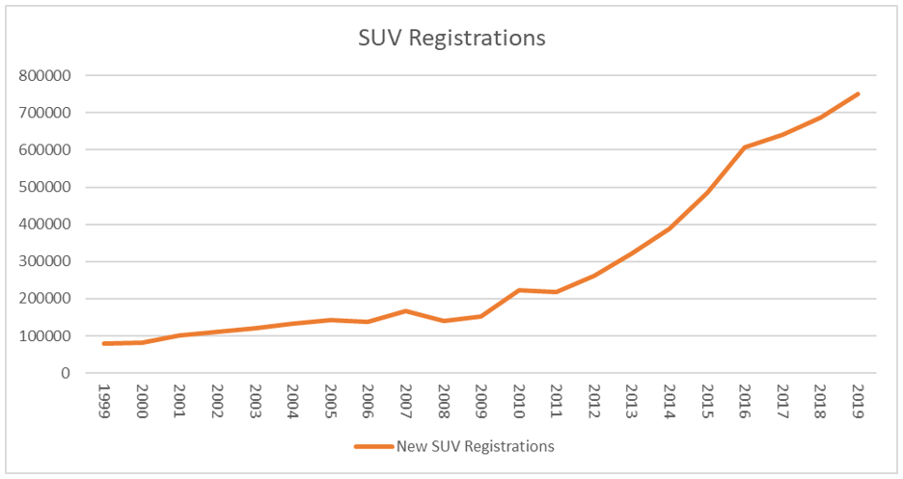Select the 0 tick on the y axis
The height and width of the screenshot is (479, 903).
click(x=66, y=373)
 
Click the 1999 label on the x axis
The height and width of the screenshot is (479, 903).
click(x=106, y=400)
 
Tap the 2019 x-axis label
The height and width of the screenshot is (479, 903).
click(x=858, y=400)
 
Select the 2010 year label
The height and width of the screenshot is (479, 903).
click(x=519, y=400)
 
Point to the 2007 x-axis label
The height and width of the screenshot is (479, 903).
click(x=406, y=400)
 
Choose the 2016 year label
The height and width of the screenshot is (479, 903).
click(x=745, y=400)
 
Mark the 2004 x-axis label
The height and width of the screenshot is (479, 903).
click(x=294, y=400)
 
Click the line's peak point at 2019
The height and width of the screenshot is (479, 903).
click(x=858, y=93)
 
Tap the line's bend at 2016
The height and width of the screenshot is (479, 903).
click(x=745, y=147)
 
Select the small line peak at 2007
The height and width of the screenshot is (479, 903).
click(x=406, y=310)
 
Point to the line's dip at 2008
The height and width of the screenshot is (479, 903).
click(x=444, y=321)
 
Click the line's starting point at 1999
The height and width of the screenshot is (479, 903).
click(x=105, y=343)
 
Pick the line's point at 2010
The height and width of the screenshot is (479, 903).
click(x=519, y=290)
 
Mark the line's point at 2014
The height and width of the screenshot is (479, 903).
click(x=670, y=228)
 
